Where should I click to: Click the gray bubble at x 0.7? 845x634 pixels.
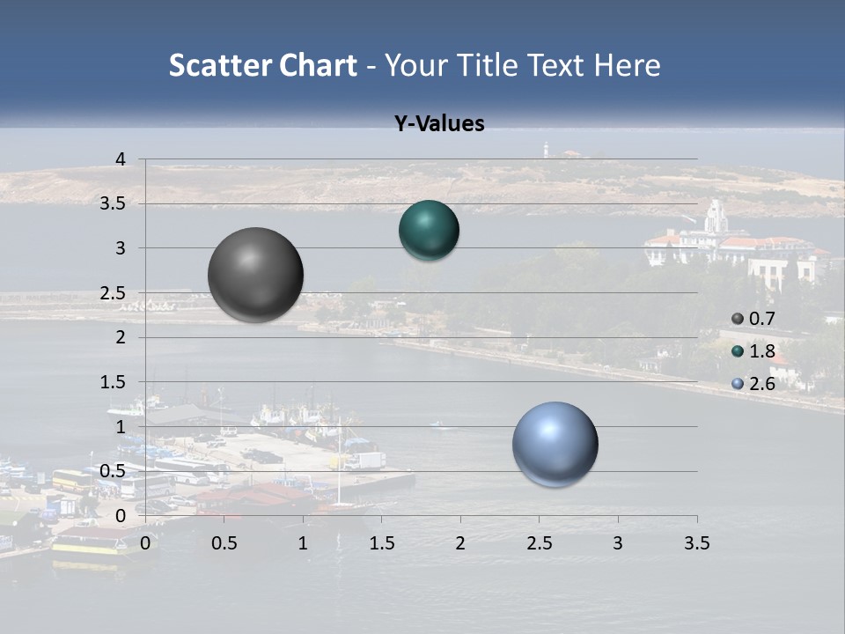click(x=256, y=275)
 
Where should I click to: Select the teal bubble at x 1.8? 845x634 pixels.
click(x=429, y=230)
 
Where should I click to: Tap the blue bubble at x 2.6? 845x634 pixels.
click(x=555, y=444)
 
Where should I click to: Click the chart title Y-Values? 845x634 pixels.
click(x=439, y=124)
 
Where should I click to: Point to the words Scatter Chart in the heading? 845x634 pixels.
click(x=262, y=65)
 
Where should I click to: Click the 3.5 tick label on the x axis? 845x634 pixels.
click(x=696, y=543)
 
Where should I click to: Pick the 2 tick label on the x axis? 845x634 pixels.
click(x=460, y=543)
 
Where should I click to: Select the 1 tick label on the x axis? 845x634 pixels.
click(x=303, y=543)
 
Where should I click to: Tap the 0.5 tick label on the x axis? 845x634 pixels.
click(x=224, y=543)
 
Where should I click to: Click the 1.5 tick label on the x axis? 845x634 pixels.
click(x=381, y=543)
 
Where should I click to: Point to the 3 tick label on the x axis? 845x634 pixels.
click(x=618, y=543)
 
